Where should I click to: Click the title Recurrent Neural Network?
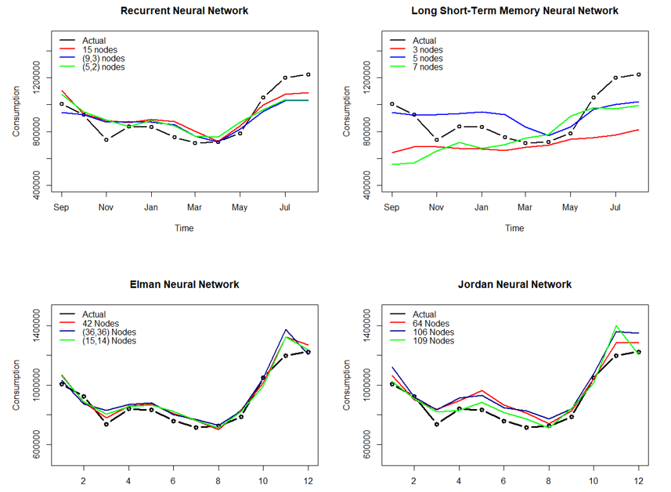coord(184,11)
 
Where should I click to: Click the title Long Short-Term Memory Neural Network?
coord(514,11)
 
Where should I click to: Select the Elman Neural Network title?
coord(184,285)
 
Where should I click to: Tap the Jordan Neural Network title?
coord(514,285)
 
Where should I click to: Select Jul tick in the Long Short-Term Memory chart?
coord(615,208)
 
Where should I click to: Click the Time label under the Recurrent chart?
coord(184,228)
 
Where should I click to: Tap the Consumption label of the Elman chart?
coord(16,385)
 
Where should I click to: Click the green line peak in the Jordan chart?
coord(616,326)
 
